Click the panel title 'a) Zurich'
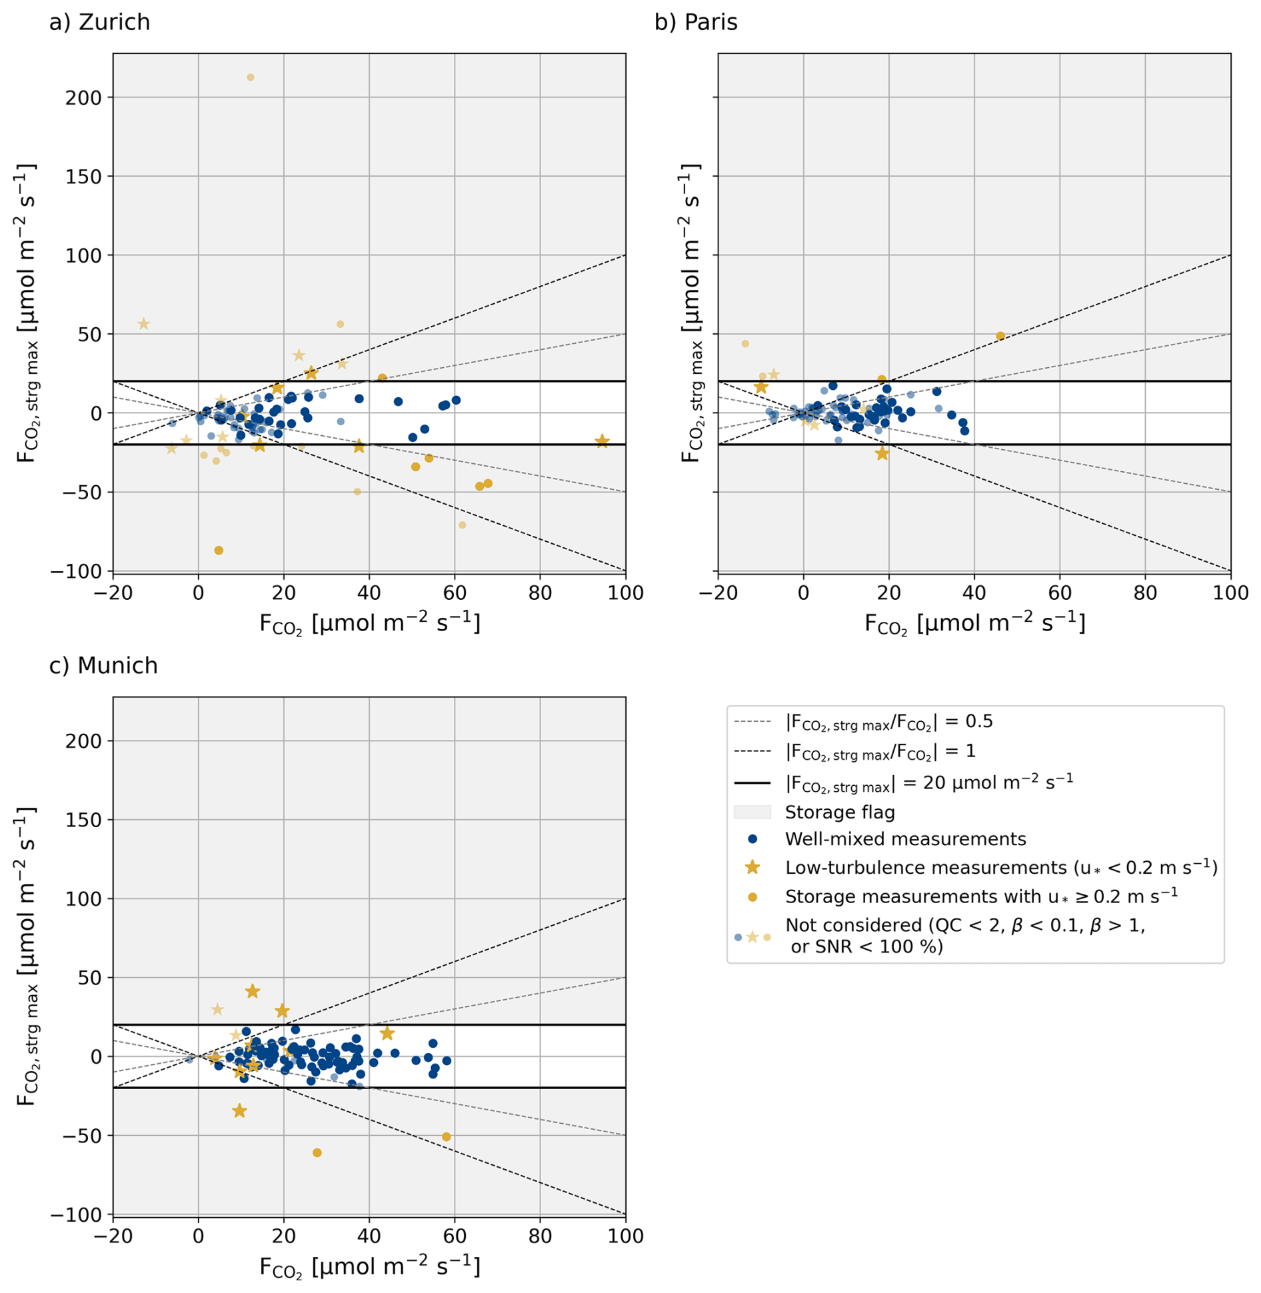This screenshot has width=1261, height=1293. [x=99, y=23]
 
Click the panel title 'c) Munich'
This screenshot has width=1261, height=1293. [x=103, y=666]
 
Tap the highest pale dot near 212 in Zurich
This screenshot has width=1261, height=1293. [x=251, y=77]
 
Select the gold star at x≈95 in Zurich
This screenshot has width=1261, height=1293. [x=602, y=441]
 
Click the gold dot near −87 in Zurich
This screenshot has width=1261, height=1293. [x=219, y=551]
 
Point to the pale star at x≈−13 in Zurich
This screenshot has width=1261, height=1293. [x=143, y=324]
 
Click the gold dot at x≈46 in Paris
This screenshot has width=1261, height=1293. [x=1000, y=336]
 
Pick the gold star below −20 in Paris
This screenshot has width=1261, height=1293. [x=882, y=453]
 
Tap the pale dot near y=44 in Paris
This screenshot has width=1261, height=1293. [x=745, y=344]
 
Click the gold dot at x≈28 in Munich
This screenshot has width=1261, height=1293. [x=317, y=1153]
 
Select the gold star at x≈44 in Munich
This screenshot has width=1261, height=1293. [x=387, y=1034]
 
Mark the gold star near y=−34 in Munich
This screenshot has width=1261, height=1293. [x=239, y=1111]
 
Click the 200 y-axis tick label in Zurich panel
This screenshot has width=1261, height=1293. [x=83, y=98]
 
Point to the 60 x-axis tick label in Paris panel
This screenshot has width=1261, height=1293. [x=1060, y=593]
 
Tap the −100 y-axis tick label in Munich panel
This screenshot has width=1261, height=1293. [x=76, y=1215]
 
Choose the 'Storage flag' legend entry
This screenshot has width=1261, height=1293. [x=839, y=812]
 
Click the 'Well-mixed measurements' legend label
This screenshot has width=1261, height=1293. [x=905, y=839]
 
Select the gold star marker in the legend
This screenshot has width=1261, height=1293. [x=752, y=867]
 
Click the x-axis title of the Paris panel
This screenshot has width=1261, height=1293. [x=974, y=624]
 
